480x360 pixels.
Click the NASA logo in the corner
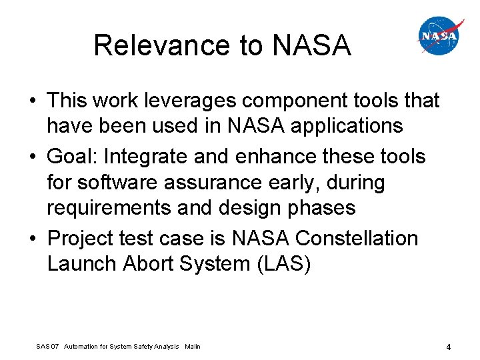click(x=439, y=36)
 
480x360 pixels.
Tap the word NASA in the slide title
click(x=311, y=45)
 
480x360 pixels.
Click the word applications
click(x=345, y=126)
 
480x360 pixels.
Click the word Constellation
click(x=357, y=238)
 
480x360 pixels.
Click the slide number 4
click(x=449, y=347)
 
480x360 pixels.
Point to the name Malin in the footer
click(x=193, y=347)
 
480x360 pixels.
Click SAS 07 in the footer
click(x=47, y=347)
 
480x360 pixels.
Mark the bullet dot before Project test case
click(x=33, y=239)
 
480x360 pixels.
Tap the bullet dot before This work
click(x=33, y=101)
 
